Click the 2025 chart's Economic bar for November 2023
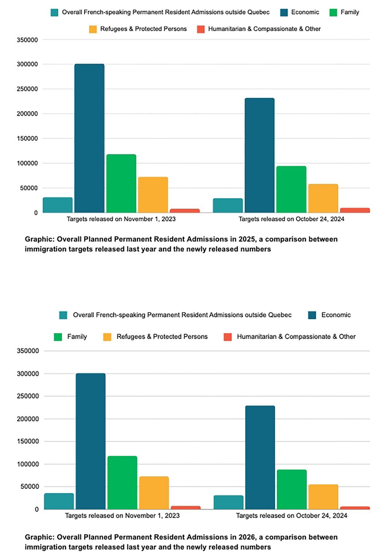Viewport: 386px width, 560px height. (89, 139)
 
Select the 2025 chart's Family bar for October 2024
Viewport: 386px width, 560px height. (291, 190)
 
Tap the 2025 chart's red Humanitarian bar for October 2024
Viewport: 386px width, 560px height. (355, 210)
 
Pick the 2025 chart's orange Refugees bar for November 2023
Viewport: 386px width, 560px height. (153, 195)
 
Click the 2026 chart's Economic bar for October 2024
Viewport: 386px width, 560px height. (260, 458)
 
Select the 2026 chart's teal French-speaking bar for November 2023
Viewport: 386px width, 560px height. (58, 501)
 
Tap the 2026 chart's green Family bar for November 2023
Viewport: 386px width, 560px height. (122, 483)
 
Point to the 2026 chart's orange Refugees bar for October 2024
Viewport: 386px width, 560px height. (323, 497)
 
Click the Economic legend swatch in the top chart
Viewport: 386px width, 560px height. (284, 12)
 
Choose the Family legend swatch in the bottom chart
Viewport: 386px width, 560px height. (58, 337)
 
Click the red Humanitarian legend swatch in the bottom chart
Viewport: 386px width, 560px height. (227, 337)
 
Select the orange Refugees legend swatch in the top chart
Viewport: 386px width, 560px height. (93, 29)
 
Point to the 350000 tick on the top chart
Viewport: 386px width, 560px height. (27, 40)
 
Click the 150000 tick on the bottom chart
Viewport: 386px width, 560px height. (28, 442)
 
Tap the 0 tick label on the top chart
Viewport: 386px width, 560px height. (36, 213)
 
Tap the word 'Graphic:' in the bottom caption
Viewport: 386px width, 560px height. (39, 537)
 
